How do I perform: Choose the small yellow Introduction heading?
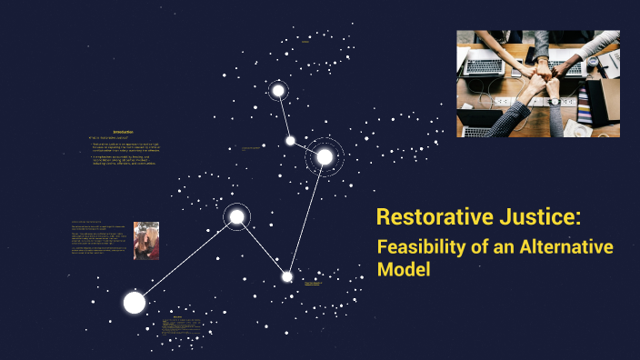point(124,133)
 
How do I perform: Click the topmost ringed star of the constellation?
point(279,90)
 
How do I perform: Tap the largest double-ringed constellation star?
point(325,157)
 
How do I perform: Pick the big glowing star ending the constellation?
point(135,303)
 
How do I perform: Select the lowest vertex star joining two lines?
point(287,276)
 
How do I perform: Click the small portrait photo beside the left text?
point(145,240)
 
